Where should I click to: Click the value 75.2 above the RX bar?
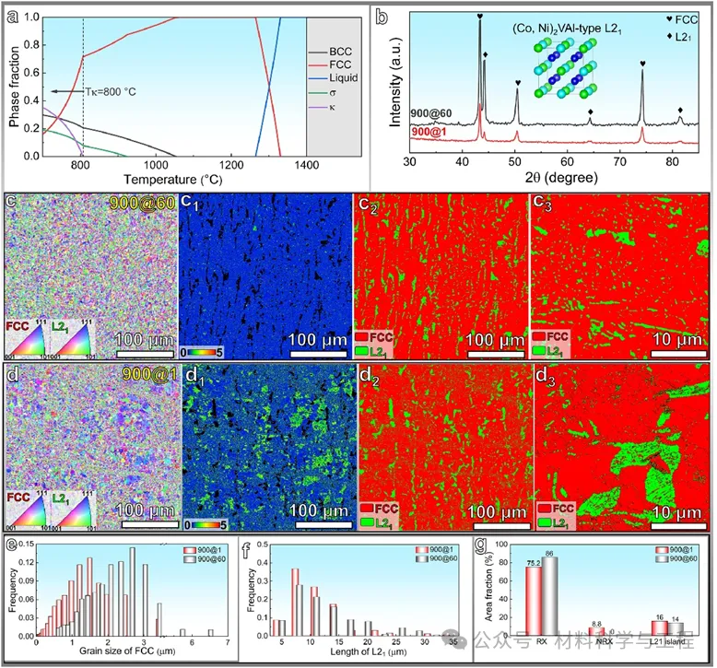pyautogui.click(x=533, y=559)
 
